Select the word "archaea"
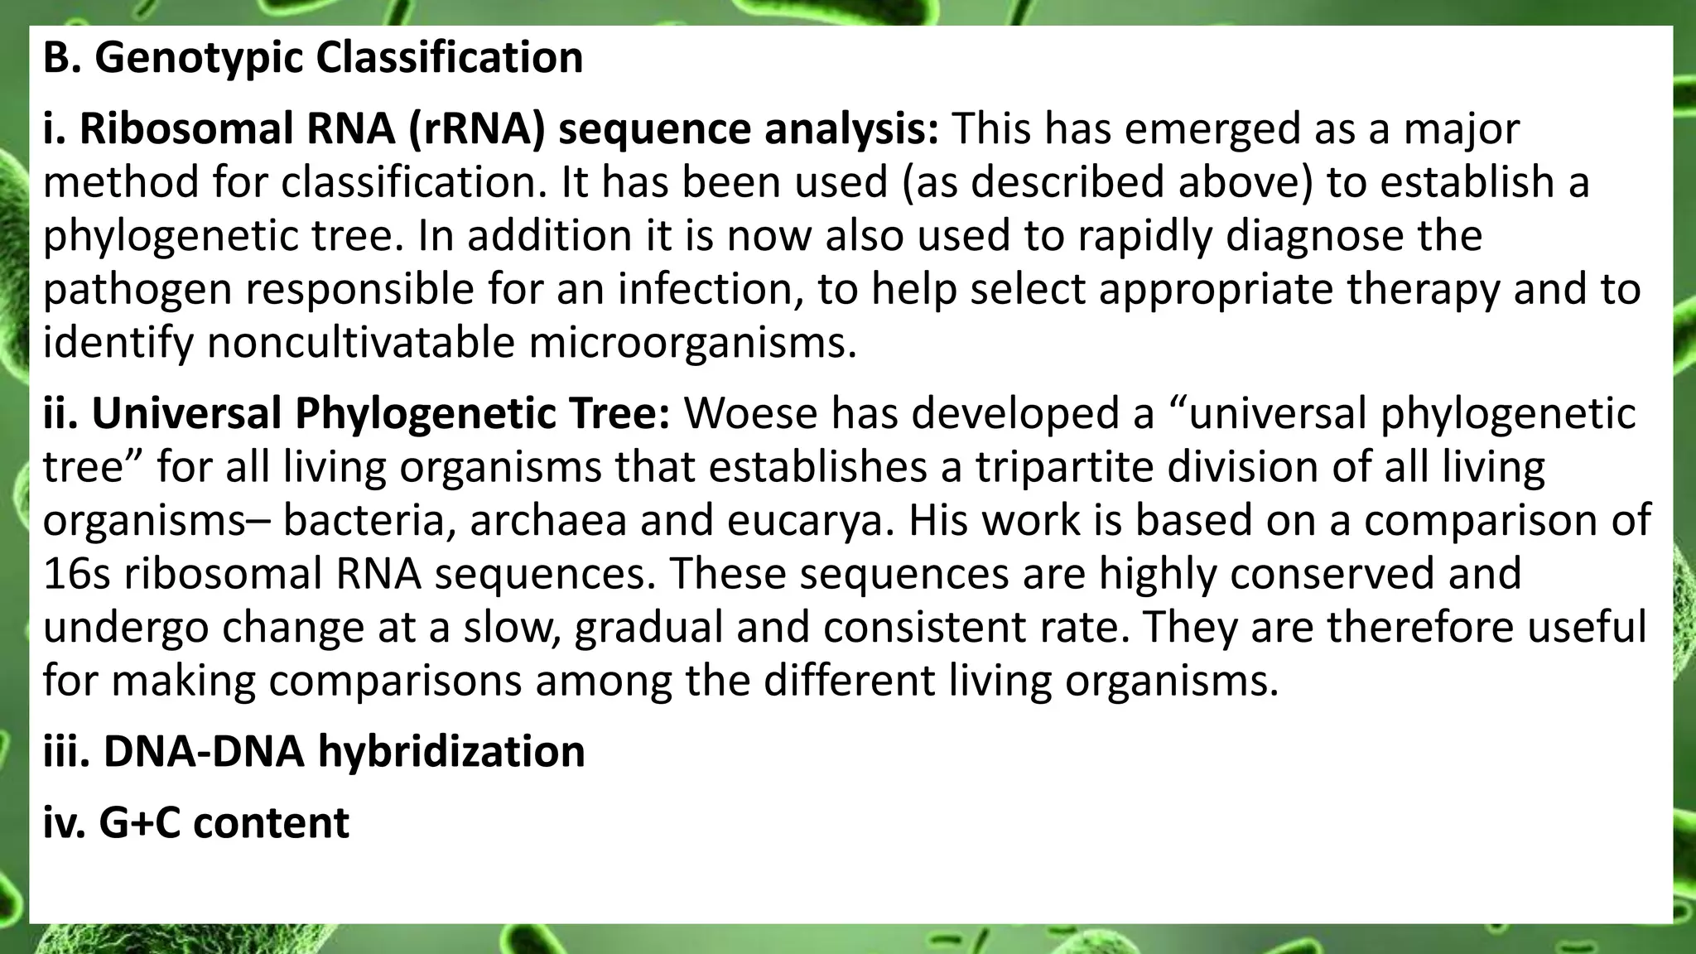pyautogui.click(x=548, y=520)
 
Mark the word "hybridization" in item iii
pyautogui.click(x=451, y=751)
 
